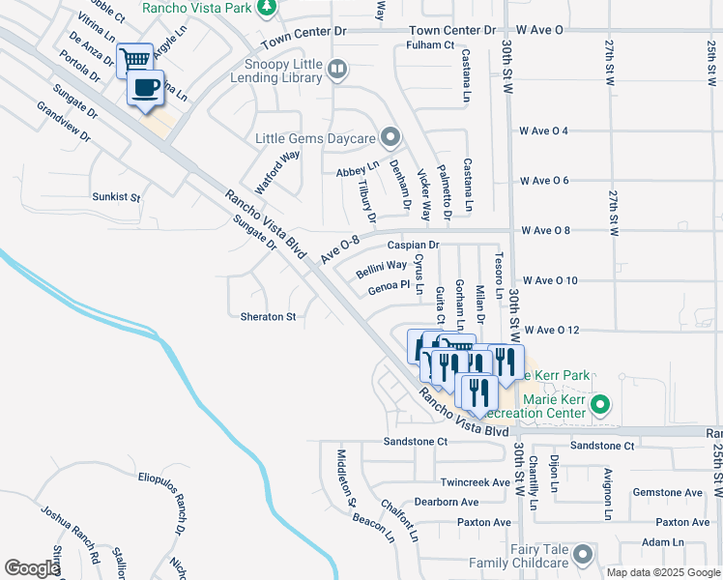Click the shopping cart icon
[x=134, y=59]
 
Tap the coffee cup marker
[x=146, y=88]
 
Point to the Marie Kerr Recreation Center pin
[x=602, y=405]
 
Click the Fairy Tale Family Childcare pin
[x=582, y=555]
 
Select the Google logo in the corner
[x=31, y=568]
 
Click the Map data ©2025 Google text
[x=663, y=572]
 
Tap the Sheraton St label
[x=268, y=317]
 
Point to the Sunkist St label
[x=116, y=197]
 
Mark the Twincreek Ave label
[x=474, y=482]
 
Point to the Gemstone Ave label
[x=667, y=493]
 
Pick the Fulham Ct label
[x=430, y=45]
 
